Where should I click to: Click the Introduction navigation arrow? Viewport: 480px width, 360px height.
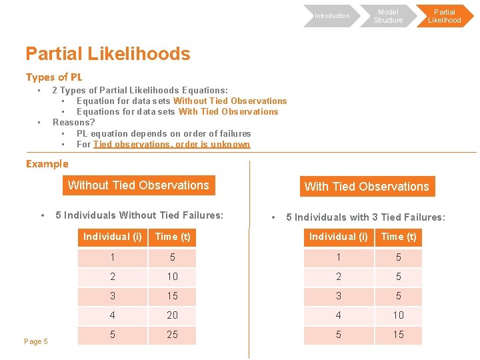331,16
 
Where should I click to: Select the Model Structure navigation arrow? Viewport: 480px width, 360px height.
388,16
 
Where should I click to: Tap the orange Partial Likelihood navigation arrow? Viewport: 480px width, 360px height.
444,16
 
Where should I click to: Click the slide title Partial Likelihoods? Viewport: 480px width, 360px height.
107,54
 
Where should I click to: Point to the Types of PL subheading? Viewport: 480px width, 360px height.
54,77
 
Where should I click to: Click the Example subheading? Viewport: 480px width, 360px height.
47,164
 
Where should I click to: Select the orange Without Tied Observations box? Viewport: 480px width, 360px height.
139,185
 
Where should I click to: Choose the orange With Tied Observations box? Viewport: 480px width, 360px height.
367,187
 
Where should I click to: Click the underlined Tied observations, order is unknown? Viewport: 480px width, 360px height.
171,144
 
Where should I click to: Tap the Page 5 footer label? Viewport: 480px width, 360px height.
36,341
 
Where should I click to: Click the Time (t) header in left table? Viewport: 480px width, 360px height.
172,237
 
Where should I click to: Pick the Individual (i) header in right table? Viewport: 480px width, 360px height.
338,237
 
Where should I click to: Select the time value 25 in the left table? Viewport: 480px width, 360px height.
172,335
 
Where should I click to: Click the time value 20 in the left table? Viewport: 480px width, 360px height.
172,315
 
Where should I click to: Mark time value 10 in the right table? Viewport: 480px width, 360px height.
398,315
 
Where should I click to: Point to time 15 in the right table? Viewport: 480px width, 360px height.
398,335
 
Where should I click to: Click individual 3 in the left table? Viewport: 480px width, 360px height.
112,295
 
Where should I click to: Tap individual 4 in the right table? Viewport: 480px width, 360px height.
338,315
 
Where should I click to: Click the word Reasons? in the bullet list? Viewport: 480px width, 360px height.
73,123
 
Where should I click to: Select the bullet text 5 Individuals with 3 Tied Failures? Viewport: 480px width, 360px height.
365,217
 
